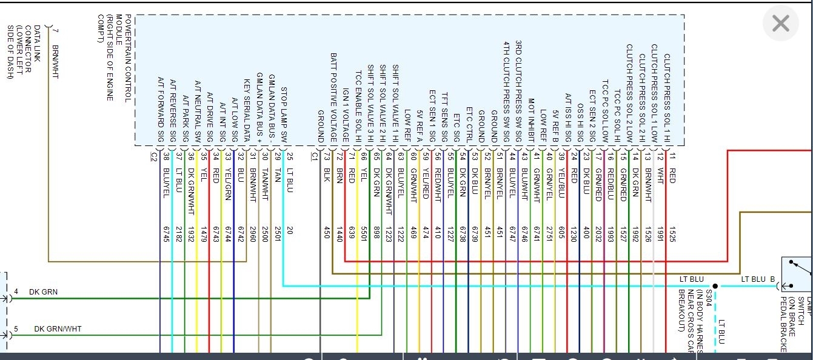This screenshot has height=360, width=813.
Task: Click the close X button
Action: [x=781, y=24]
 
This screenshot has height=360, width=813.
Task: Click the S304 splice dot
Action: [x=715, y=286]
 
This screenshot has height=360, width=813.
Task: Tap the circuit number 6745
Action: [x=166, y=234]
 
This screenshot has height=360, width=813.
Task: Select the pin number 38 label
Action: [x=166, y=156]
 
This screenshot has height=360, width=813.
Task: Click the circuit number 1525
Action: [x=672, y=234]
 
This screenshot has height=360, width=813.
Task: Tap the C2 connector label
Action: [x=153, y=156]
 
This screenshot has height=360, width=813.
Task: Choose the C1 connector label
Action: [x=314, y=156]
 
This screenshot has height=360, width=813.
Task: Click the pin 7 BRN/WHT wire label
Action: [x=56, y=62]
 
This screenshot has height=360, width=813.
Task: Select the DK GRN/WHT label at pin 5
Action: [x=58, y=329]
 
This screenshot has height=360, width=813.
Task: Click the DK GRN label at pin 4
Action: [x=44, y=292]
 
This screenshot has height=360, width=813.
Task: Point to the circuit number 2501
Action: [x=278, y=234]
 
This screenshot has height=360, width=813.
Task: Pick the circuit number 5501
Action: [x=364, y=234]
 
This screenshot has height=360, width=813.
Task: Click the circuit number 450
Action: [x=327, y=233]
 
